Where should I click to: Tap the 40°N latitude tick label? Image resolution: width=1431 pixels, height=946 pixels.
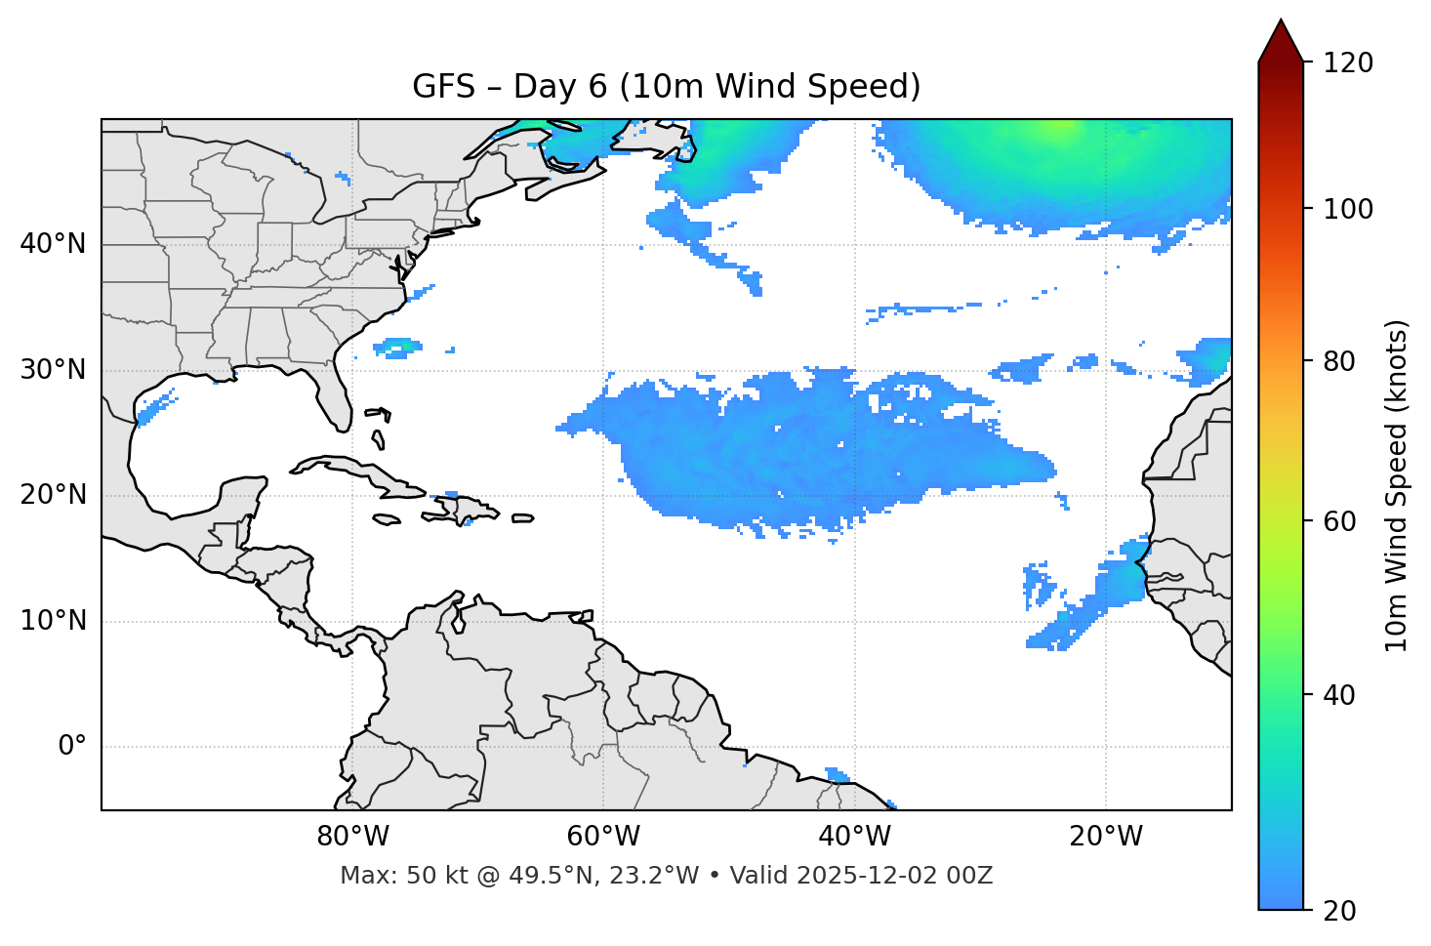click(53, 244)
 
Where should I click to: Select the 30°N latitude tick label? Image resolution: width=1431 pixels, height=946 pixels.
click(53, 370)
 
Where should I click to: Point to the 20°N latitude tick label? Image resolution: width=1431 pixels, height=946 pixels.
click(53, 495)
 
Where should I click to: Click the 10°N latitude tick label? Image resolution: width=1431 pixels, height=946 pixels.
click(53, 621)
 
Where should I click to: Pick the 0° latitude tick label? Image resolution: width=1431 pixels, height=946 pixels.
click(72, 747)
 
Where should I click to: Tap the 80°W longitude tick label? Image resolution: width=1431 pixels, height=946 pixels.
click(352, 837)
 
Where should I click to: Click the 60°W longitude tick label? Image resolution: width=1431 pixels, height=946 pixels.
click(603, 837)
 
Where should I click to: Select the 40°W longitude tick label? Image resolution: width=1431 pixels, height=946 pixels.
click(854, 837)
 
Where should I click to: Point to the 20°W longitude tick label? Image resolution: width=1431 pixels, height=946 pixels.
click(1105, 837)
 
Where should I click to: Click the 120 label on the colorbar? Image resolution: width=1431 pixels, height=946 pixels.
click(1348, 63)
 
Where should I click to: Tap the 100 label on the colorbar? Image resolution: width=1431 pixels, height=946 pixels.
click(1348, 209)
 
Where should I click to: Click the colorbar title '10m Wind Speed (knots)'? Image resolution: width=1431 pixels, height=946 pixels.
click(1397, 485)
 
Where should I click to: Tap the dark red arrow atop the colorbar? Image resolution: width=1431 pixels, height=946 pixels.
click(1281, 42)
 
